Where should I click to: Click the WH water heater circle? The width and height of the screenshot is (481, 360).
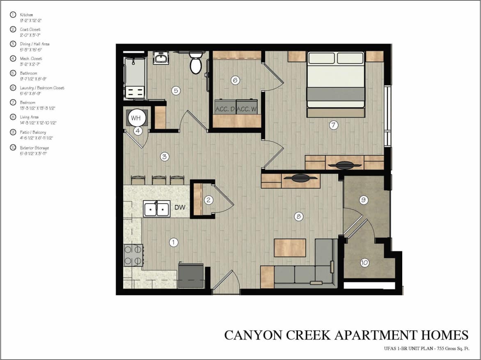(136, 118)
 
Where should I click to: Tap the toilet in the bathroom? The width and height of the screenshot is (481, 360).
(196, 63)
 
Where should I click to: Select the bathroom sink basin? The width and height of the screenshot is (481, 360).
(160, 59)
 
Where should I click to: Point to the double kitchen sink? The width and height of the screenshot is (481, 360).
(156, 209)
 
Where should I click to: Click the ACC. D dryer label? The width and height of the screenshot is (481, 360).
(224, 109)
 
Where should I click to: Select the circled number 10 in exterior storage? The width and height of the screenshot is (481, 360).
(364, 263)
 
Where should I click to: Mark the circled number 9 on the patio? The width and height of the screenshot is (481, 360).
(363, 200)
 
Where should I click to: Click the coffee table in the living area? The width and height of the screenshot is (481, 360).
(290, 248)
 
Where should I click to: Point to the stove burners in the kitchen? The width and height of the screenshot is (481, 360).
(133, 255)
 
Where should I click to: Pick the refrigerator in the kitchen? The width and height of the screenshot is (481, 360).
(191, 275)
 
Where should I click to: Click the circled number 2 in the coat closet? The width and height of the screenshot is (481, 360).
(209, 200)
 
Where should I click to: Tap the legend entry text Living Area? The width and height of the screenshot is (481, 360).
(29, 117)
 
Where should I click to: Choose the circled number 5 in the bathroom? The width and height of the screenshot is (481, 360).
(176, 91)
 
